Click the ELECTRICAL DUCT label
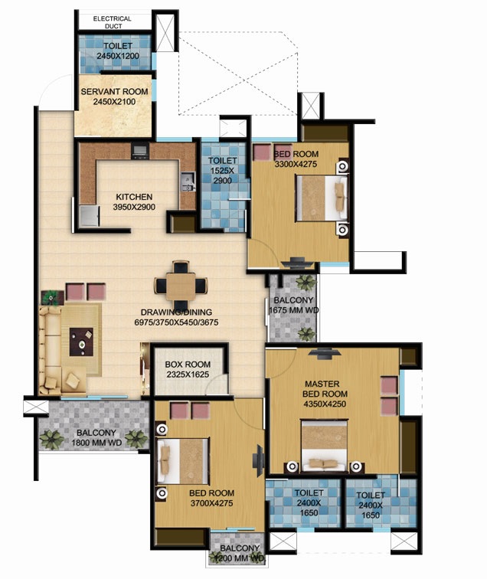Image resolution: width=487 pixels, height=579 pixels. coord(112,22)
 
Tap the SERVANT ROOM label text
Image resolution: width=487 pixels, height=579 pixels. coord(114,96)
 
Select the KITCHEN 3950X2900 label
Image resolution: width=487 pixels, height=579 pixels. coord(134,201)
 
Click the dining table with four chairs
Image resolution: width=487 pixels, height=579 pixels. coord(181,285)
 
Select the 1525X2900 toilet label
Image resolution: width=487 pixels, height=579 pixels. coord(223,171)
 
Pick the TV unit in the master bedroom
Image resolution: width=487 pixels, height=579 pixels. coord(324,353)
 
